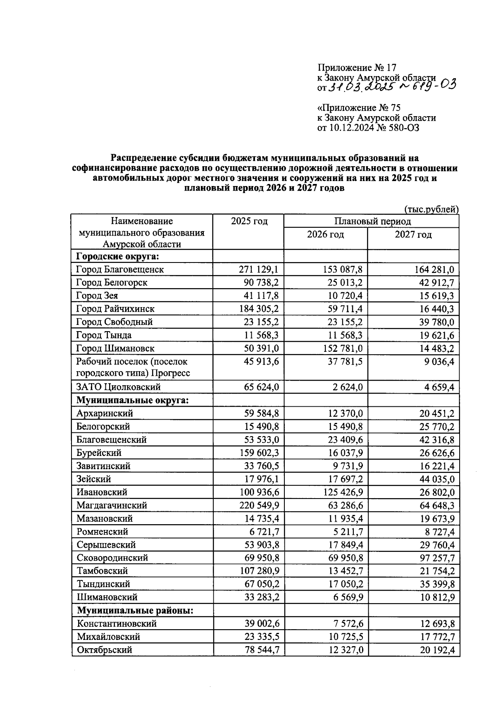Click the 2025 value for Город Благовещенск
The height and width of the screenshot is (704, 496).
tap(259, 270)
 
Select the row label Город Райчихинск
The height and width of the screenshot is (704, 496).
tap(115, 309)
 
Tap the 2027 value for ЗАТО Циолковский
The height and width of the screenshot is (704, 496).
tap(437, 387)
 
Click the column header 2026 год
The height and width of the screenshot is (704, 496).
tap(325, 235)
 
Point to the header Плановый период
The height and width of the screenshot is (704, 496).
tap(372, 221)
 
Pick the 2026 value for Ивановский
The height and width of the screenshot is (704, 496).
tap(343, 492)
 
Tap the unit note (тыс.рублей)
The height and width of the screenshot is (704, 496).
tap(431, 209)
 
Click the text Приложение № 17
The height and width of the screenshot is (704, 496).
tap(357, 67)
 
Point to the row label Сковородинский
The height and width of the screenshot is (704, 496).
tap(112, 558)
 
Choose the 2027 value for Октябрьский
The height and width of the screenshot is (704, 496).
tap(437, 650)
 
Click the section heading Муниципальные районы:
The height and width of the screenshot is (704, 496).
tap(135, 611)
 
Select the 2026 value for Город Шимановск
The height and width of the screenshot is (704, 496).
tap(343, 348)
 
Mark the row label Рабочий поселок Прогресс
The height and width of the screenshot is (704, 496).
tap(132, 367)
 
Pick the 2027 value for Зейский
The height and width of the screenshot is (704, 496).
tap(437, 479)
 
